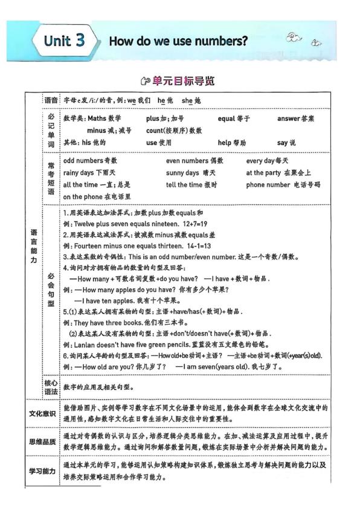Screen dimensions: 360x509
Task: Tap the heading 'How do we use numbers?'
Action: point(178,42)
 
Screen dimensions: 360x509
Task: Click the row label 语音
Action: point(51,99)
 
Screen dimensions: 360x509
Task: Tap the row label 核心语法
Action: point(51,387)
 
